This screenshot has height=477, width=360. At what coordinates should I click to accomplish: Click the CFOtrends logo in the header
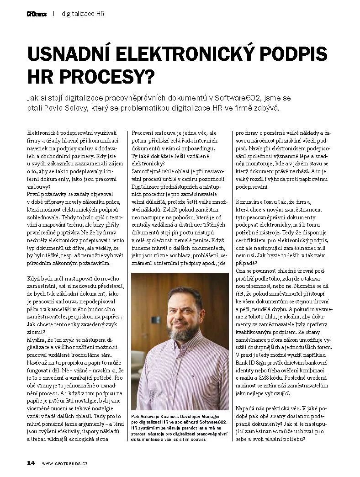pos(37,14)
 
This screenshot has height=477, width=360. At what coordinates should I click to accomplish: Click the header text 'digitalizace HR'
pos(83,14)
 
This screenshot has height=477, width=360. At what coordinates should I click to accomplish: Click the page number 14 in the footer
pos(31,463)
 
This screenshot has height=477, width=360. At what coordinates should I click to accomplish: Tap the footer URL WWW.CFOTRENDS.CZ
pos(64,463)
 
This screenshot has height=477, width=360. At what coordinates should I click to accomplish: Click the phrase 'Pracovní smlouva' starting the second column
pos(151,133)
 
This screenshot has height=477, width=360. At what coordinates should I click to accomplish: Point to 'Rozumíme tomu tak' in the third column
pos(260,201)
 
